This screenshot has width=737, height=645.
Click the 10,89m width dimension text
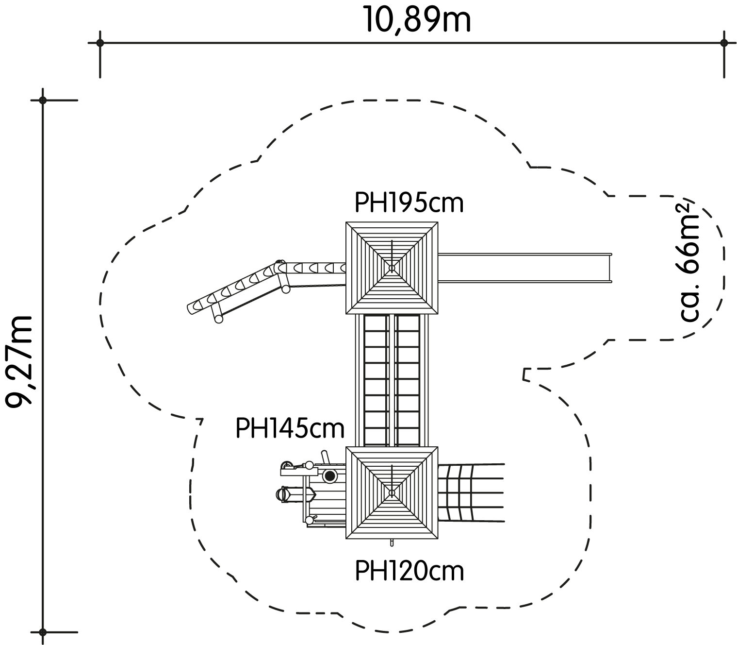418,19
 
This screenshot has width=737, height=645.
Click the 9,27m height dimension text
19,362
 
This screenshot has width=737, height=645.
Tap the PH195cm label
409,203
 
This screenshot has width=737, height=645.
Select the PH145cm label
290,428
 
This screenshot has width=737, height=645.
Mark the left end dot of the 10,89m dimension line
100,43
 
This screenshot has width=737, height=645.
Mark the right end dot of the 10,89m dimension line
724,43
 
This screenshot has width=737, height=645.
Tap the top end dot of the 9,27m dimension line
43,100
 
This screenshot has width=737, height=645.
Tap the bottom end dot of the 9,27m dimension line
43,632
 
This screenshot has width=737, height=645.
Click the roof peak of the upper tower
392,268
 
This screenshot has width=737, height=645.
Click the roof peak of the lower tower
392,493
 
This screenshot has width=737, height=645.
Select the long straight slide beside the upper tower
525,268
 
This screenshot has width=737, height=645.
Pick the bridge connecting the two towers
392,380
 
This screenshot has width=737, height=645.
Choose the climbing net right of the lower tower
471,493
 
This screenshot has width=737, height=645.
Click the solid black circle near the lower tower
329,476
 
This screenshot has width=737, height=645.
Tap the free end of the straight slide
611,268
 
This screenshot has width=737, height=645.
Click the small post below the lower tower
392,543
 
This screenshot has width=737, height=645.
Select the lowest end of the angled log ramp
191,309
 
